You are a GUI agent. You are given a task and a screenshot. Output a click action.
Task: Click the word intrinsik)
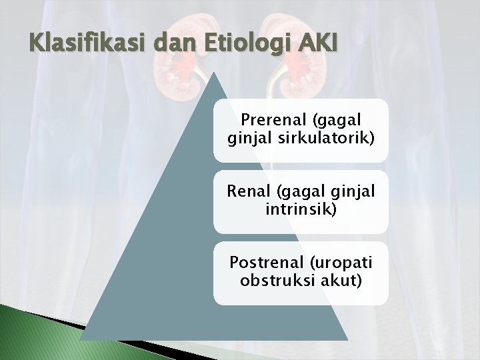(x=300, y=210)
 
